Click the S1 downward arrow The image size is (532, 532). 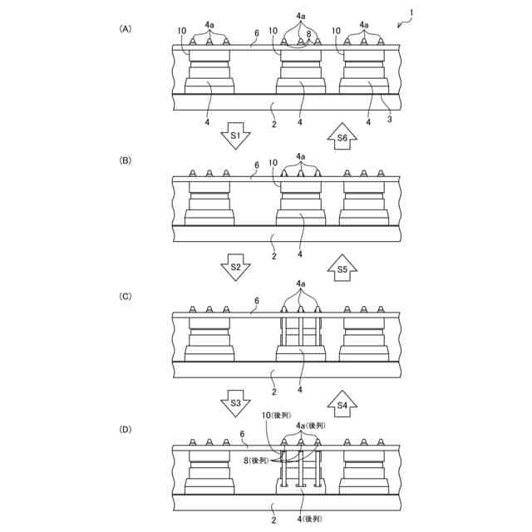pos(235,135)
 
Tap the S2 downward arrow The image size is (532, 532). pos(235,268)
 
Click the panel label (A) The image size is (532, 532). pos(126,28)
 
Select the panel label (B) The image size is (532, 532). pos(126,160)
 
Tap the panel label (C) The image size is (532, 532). pos(126,295)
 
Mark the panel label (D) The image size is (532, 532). pos(126,430)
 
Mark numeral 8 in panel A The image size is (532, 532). pos(308,34)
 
